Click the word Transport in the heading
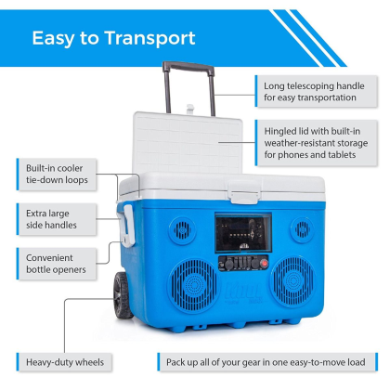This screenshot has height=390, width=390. tap(150, 38)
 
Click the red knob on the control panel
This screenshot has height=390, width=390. tap(264, 264)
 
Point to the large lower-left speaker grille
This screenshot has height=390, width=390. tap(194, 286)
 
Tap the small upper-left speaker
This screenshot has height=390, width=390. tap(183, 230)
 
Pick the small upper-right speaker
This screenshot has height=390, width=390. tap(302, 229)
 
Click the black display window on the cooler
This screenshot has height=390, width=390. tap(243, 233)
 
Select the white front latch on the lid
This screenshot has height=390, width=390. tap(244, 192)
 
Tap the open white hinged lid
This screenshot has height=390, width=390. tap(188, 143)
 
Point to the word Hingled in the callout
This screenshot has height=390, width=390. tap(280, 132)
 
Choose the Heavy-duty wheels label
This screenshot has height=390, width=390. tap(64, 362)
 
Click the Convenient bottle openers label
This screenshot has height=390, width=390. tap(57, 264)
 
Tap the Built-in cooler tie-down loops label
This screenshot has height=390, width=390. tap(57, 175)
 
